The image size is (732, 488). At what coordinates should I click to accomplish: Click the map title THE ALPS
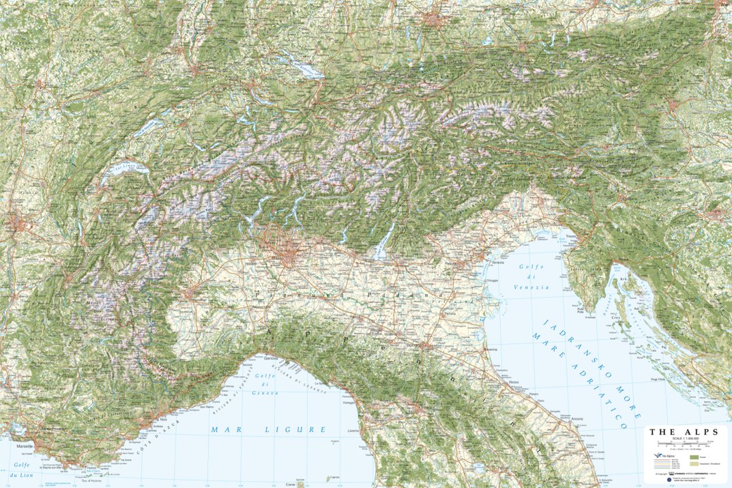pyautogui.click(x=683, y=431)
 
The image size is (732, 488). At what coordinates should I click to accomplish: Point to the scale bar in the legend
pyautogui.click(x=682, y=444)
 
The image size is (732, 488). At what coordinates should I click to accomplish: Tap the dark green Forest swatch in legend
pyautogui.click(x=694, y=457)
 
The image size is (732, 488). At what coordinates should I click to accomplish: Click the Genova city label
pyautogui.click(x=272, y=358)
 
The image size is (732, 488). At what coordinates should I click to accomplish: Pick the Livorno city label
pyautogui.click(x=353, y=431)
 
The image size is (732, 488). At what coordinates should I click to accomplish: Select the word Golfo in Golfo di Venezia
pyautogui.click(x=529, y=267)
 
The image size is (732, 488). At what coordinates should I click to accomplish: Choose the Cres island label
pyautogui.click(x=613, y=317)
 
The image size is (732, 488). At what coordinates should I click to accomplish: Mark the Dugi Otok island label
pyautogui.click(x=658, y=378)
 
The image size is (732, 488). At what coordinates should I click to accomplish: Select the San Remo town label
pyautogui.click(x=207, y=407)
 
